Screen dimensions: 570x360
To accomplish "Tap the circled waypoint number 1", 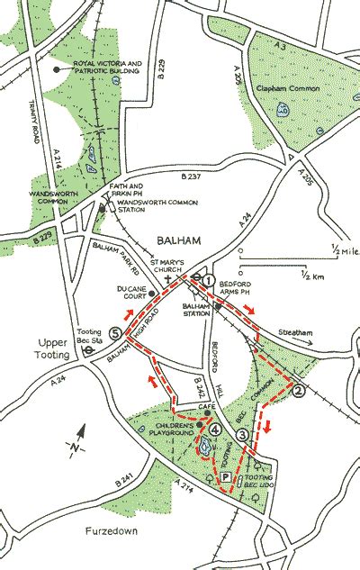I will (x=209, y=281).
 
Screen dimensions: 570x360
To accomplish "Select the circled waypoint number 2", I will (x=299, y=390).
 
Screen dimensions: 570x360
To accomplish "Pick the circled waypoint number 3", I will (x=242, y=436).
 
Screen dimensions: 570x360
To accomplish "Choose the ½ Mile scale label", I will (x=337, y=249).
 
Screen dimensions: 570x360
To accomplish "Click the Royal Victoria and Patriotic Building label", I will (x=109, y=68).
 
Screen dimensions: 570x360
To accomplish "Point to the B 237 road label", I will (x=193, y=176).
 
